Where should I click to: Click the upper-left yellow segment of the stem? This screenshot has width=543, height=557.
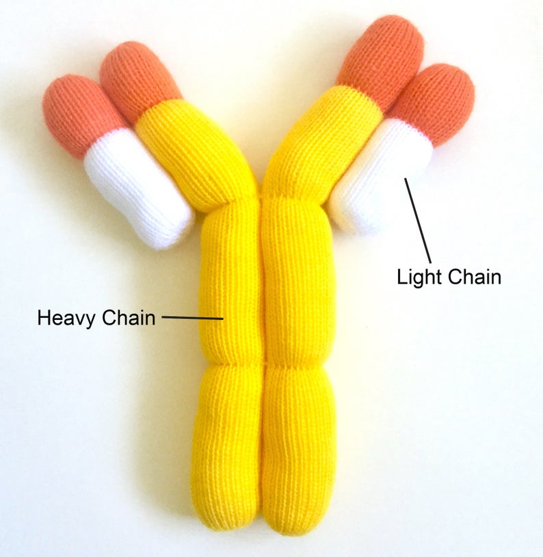(230, 280)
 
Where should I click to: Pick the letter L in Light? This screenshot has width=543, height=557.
(401, 277)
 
